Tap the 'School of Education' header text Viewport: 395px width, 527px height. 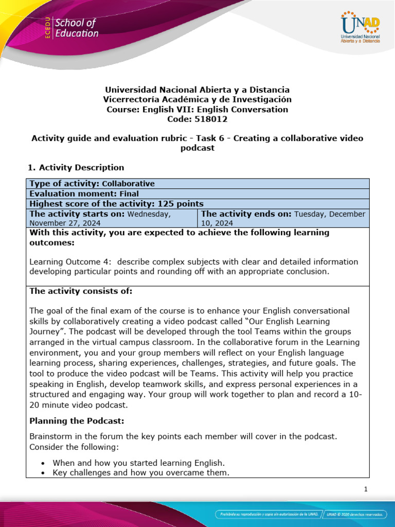(76, 28)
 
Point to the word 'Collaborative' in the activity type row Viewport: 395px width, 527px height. (128, 184)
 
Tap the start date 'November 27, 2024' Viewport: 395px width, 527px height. (65, 223)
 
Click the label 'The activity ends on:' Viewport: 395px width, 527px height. (246, 214)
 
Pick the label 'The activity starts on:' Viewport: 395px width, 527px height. (77, 214)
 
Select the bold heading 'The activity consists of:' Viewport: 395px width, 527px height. (81, 291)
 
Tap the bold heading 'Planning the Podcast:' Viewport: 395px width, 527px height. (77, 421)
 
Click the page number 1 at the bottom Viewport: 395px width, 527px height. (365, 489)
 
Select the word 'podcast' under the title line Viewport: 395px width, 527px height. (197, 148)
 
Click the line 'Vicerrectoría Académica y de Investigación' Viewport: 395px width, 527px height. (197, 99)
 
